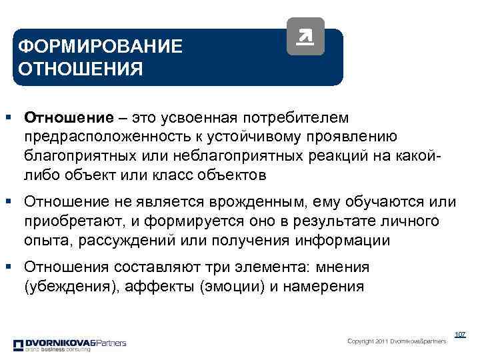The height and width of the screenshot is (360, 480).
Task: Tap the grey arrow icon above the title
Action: coord(305,36)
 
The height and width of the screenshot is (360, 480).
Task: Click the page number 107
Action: coord(459,334)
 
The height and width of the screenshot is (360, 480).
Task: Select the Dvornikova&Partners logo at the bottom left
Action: coord(69,345)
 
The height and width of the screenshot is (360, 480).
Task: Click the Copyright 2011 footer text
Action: coord(397,341)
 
